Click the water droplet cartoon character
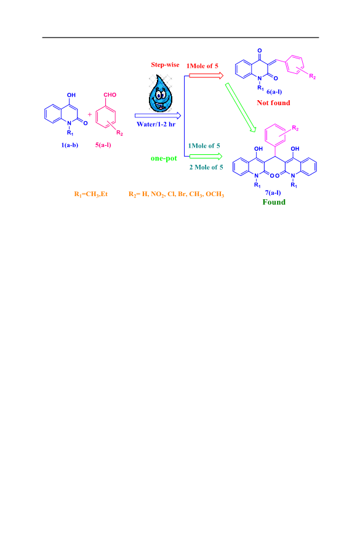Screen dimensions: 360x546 pos(161,93)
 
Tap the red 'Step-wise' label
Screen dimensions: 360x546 pos(165,65)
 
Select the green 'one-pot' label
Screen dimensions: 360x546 pos(164,159)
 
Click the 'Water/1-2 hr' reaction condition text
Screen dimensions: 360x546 pos(156,124)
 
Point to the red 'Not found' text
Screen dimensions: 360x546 pos(274,103)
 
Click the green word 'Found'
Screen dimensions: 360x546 pos(274,202)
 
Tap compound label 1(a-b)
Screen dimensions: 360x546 pos(70,145)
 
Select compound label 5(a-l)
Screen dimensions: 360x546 pos(103,145)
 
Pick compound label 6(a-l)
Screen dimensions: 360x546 pos(274,92)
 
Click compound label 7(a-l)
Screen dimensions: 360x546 pos(273,192)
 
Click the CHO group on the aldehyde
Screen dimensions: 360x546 pos(110,95)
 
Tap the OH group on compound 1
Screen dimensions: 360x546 pos(71,95)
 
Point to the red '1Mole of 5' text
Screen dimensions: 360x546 pos(202,66)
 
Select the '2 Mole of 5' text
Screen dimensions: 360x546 pos(206,167)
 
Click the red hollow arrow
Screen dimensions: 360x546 pos(206,76)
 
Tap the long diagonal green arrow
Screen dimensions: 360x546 pos(241,108)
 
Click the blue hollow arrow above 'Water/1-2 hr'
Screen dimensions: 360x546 pos(158,116)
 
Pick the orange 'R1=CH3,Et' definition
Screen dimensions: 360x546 pos(91,194)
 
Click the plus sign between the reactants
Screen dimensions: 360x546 pos(90,114)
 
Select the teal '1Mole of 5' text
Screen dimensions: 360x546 pos(204,146)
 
